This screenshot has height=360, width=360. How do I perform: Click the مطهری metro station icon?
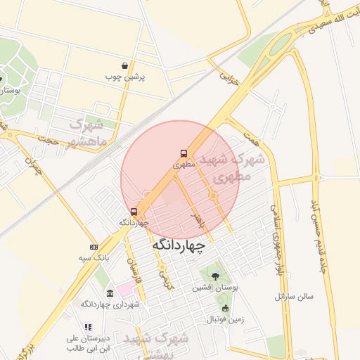click(x=183, y=153)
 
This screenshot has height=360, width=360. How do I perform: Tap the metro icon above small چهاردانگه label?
click(x=134, y=211)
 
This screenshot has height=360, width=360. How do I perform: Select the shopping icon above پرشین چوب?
click(x=124, y=66)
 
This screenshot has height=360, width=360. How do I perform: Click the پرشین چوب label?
click(x=124, y=77)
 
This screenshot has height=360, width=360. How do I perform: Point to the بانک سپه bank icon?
click(x=94, y=247)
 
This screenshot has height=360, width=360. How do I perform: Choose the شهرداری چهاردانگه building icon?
click(x=110, y=293)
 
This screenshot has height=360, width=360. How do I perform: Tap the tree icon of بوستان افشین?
click(x=214, y=276)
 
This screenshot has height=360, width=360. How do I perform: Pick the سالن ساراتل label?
click(x=294, y=297)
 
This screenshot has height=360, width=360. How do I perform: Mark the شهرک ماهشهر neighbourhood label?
click(x=89, y=133)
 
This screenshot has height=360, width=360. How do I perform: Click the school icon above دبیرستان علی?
click(x=87, y=327)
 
